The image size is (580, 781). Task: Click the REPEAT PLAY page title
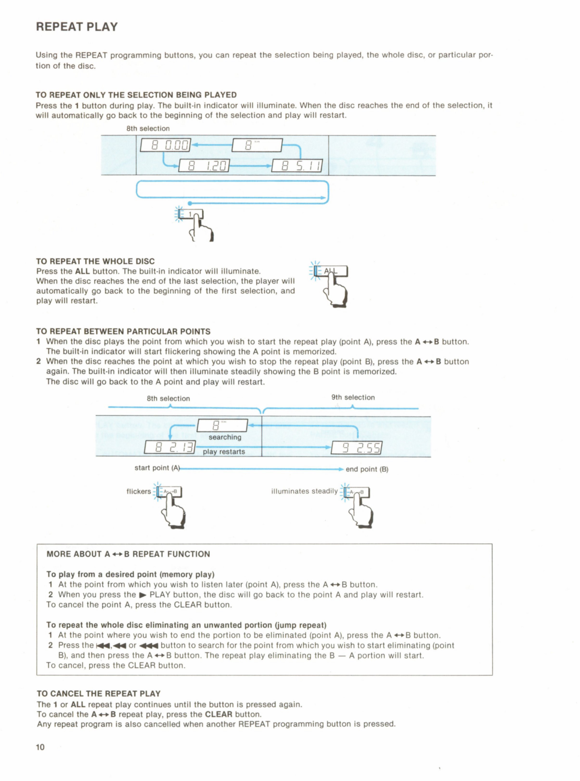(77, 27)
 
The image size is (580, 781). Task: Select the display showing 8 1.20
(204, 165)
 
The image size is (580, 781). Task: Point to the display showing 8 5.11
(297, 165)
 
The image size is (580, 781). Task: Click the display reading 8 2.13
(170, 447)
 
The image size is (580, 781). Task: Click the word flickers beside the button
(139, 491)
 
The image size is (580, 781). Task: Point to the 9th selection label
(353, 397)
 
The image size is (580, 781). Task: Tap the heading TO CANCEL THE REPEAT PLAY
(99, 694)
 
